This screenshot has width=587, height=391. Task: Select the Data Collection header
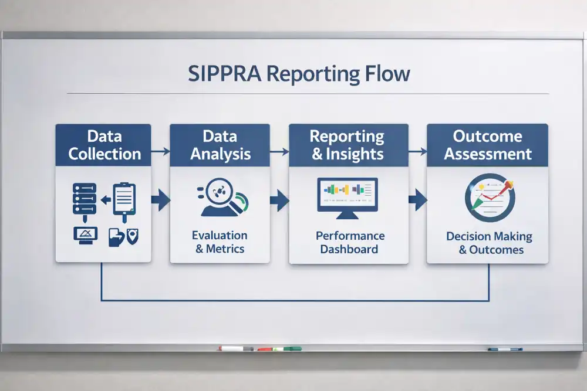tap(104, 145)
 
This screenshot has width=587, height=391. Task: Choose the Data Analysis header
tap(220, 145)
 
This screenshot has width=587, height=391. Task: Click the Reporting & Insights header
tap(348, 145)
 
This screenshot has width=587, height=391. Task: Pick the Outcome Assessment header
tap(487, 145)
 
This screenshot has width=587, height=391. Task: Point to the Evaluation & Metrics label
tap(220, 242)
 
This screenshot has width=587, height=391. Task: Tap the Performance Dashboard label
tap(350, 242)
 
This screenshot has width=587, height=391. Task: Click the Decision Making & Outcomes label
tap(489, 243)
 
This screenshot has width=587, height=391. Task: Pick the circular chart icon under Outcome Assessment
tap(489, 197)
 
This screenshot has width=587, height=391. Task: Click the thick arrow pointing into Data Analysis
tap(160, 200)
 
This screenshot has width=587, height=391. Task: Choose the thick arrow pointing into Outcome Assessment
tap(417, 200)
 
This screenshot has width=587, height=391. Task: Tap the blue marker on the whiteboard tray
tap(505, 349)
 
